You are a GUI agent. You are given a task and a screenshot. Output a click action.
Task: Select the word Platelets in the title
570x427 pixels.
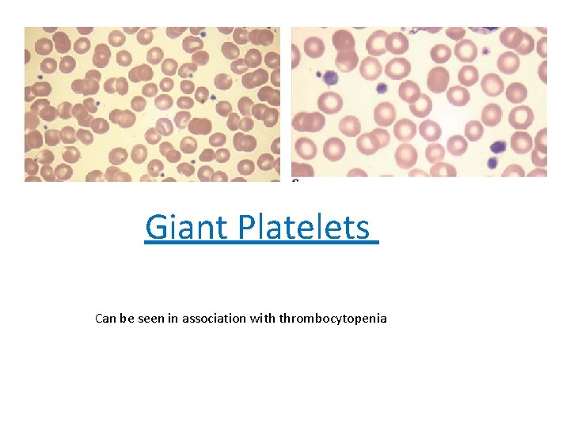point(302,228)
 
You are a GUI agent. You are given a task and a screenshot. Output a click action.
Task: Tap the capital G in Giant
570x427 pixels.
point(156,228)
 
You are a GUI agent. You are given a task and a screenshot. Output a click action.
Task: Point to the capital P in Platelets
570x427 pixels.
point(244,228)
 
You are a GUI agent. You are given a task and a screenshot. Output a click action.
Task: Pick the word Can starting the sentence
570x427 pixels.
point(105,319)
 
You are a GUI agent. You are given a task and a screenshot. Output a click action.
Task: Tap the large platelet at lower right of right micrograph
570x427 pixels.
point(498,146)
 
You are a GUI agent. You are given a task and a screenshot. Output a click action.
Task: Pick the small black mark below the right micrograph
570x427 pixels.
point(295,181)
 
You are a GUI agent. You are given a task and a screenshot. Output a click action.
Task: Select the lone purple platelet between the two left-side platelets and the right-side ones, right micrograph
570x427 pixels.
point(382,88)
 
